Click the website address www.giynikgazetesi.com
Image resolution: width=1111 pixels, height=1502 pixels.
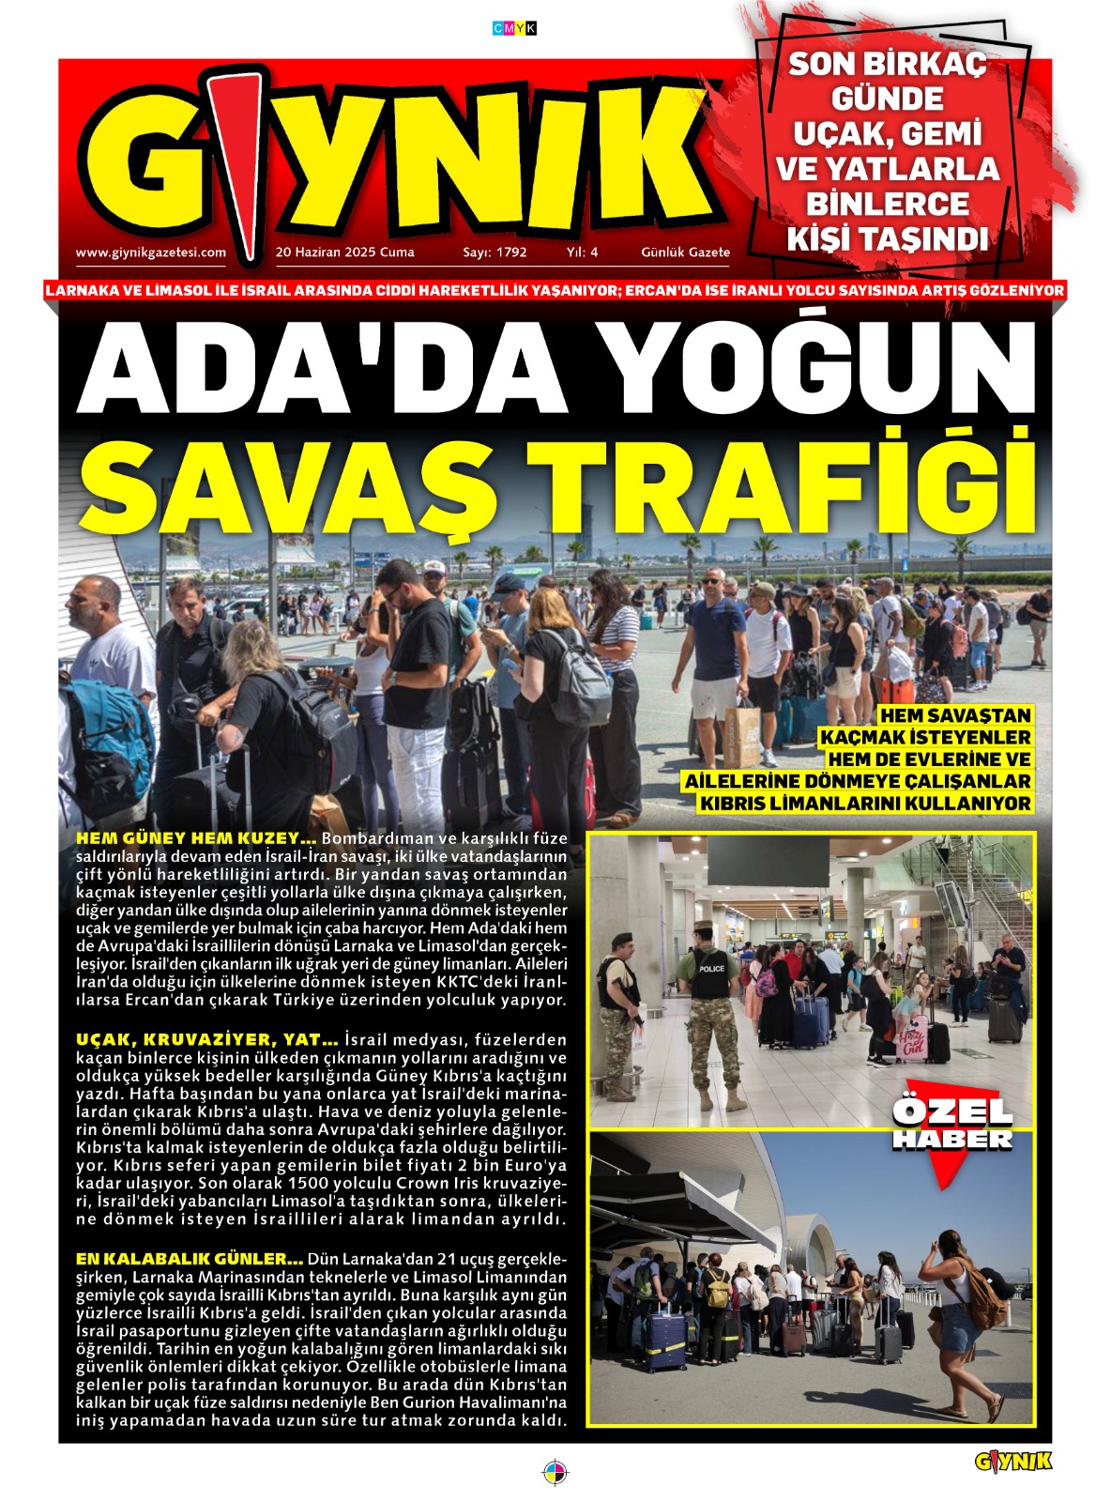click(150, 252)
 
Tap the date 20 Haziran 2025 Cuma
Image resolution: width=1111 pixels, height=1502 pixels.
click(344, 252)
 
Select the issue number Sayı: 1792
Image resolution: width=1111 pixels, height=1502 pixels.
click(495, 252)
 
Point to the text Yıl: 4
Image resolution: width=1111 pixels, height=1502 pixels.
click(582, 252)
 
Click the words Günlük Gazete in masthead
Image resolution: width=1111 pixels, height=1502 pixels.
click(685, 252)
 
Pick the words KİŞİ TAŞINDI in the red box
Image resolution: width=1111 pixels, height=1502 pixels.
click(887, 238)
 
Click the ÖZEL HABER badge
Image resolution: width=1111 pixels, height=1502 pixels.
click(952, 1125)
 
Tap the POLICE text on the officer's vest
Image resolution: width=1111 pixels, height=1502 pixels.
click(711, 968)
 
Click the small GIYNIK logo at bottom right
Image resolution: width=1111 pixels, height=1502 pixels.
click(1013, 1462)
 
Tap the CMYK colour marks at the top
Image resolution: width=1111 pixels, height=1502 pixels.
click(515, 28)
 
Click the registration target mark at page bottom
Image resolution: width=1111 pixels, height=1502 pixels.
click(555, 1471)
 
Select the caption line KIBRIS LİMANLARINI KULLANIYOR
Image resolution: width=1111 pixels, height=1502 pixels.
click(865, 804)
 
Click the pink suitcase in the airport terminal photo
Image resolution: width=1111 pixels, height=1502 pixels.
click(910, 1036)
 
